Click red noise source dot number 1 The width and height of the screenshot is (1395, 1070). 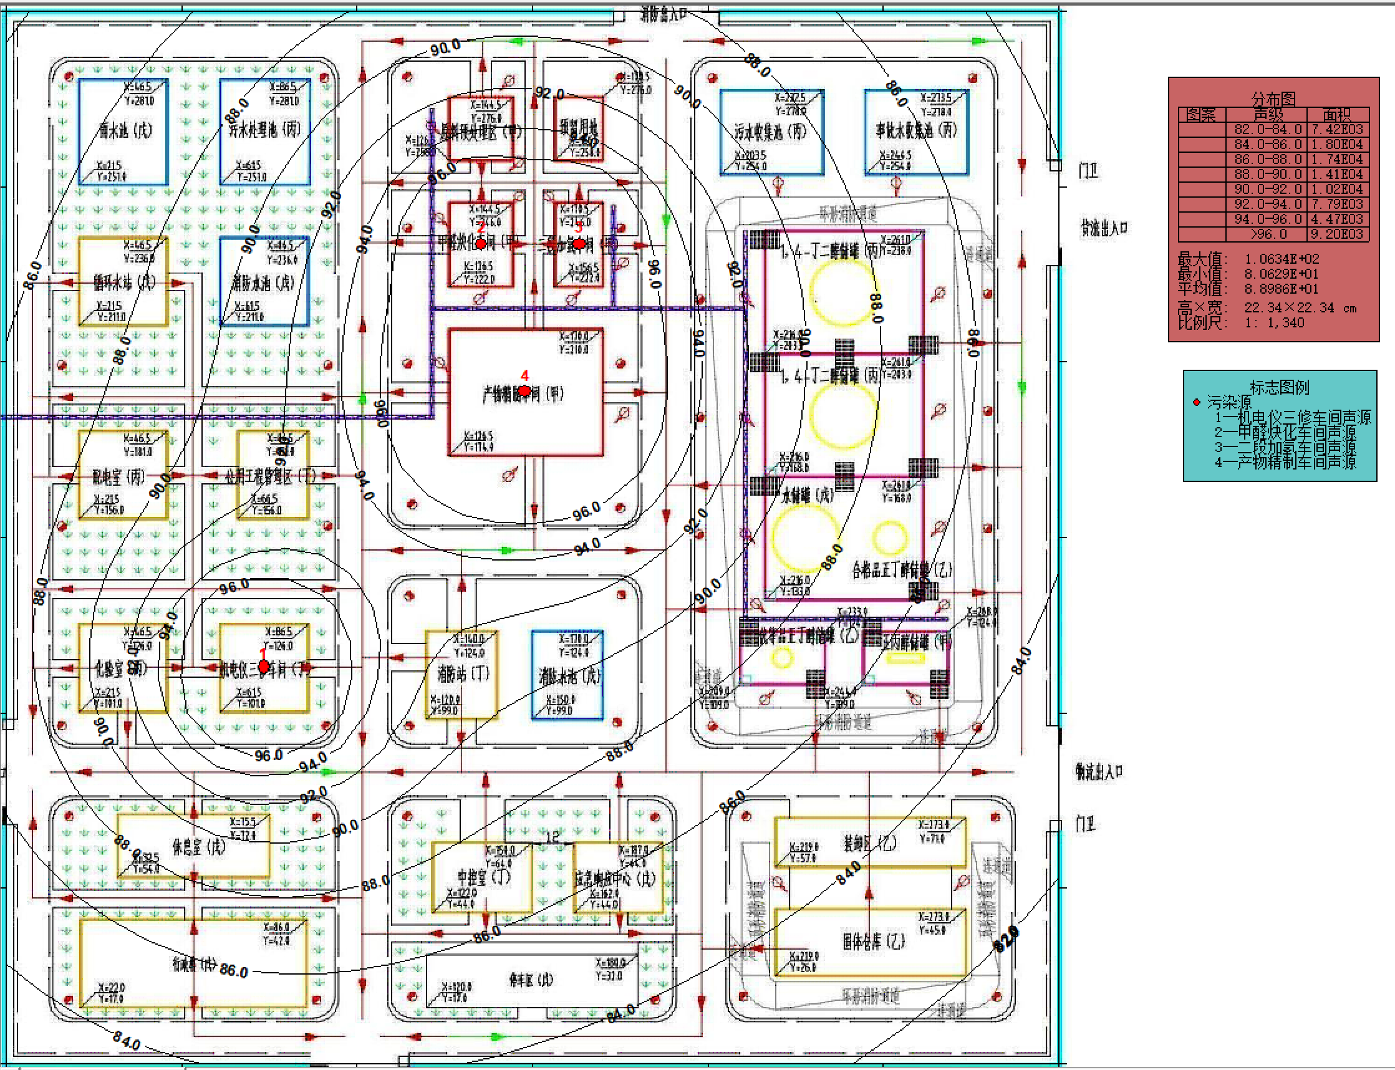tap(264, 667)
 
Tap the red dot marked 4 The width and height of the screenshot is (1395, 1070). tap(524, 390)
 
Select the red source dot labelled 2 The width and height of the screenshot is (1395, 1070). tap(481, 243)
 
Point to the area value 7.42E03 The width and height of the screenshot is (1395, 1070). tap(1337, 129)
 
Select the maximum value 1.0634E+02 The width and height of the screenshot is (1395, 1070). tap(1282, 259)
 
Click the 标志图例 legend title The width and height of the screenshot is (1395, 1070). tap(1279, 387)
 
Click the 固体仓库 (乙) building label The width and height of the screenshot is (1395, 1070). tap(873, 942)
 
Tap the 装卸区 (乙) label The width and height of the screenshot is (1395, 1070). tap(869, 843)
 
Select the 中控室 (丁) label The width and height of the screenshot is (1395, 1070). tap(483, 878)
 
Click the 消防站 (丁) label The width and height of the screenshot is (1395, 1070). tap(463, 673)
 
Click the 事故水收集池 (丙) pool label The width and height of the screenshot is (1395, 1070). tap(916, 130)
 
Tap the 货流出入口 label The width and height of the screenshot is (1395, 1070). tap(1103, 228)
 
